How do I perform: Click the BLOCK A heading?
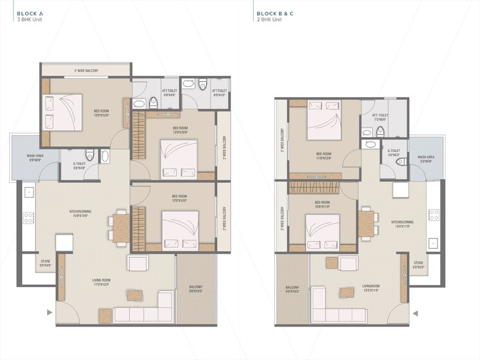click(30, 13)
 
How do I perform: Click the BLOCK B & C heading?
click(276, 13)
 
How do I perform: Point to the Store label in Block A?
click(45, 263)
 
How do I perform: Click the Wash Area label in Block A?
click(34, 158)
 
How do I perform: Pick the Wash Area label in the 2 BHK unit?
click(426, 158)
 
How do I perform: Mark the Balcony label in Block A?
click(196, 289)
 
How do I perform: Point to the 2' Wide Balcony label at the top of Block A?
click(86, 70)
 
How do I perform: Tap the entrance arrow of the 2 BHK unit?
click(416, 314)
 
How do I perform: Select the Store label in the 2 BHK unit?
click(419, 265)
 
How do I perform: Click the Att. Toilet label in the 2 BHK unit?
click(380, 117)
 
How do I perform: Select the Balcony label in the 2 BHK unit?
click(293, 290)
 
